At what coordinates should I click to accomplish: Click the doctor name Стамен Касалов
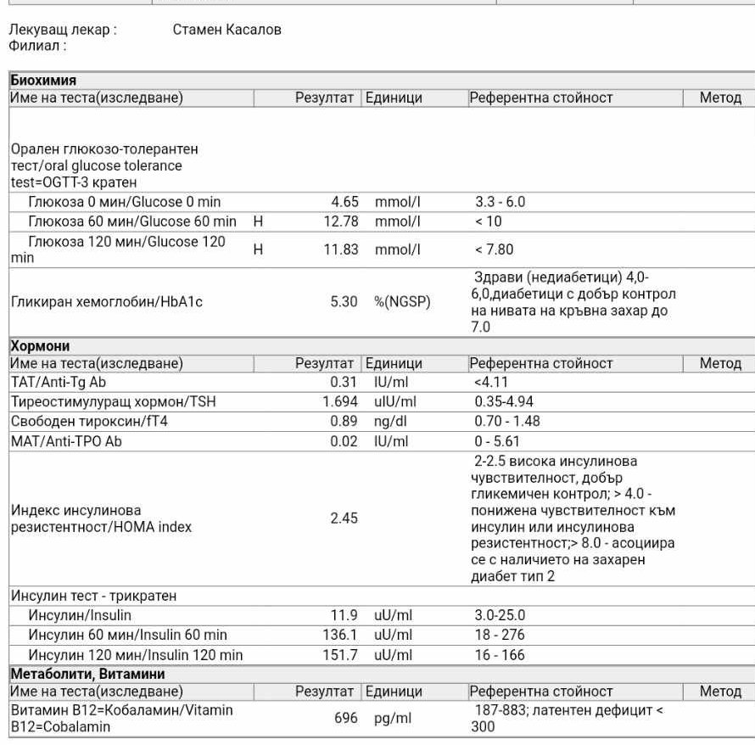226,30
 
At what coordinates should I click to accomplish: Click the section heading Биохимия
43,81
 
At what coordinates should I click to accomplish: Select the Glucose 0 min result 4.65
344,203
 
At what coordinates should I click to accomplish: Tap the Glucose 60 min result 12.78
341,222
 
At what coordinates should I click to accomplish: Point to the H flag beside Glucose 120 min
259,250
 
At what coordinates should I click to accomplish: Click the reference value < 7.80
494,250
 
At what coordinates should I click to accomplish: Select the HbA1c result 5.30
344,302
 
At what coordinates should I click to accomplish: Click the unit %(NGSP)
402,302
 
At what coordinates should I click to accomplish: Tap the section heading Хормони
40,346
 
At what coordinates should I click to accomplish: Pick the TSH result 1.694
340,401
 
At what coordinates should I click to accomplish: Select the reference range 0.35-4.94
504,401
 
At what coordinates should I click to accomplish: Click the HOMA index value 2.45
344,518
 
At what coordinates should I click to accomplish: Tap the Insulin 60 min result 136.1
341,635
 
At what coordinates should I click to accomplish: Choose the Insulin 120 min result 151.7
341,655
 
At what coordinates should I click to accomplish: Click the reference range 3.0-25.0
500,615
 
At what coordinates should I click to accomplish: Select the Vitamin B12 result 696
346,718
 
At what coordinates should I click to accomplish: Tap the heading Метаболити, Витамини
87,674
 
